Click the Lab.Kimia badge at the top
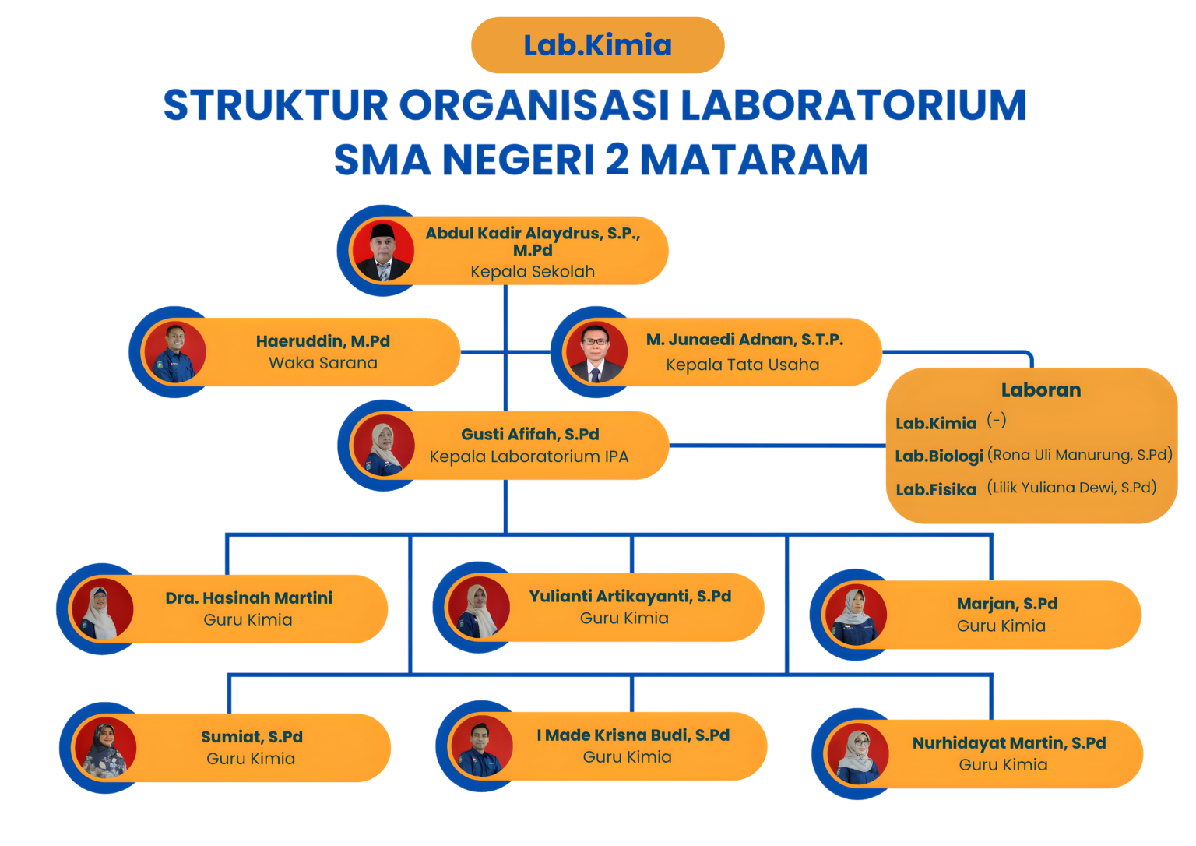pos(597,45)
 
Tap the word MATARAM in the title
pos(754,160)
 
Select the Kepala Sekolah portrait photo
pos(383,251)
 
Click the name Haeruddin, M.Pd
pos(323,340)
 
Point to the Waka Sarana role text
pos(323,363)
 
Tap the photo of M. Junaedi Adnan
pos(596,352)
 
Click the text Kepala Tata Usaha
pos(742,365)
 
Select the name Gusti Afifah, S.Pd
pos(530,434)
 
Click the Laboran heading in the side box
pos(1040,390)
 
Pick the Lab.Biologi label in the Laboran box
pos(939,456)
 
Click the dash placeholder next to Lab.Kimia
pos(997,421)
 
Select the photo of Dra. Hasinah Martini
pos(102,609)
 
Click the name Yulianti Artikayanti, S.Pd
pos(630,596)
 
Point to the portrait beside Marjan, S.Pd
pos(856,615)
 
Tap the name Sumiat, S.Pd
pos(252,737)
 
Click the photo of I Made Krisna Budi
pos(481,746)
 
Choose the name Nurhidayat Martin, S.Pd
pos(1009,743)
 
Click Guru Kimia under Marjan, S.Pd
pos(1001,626)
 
